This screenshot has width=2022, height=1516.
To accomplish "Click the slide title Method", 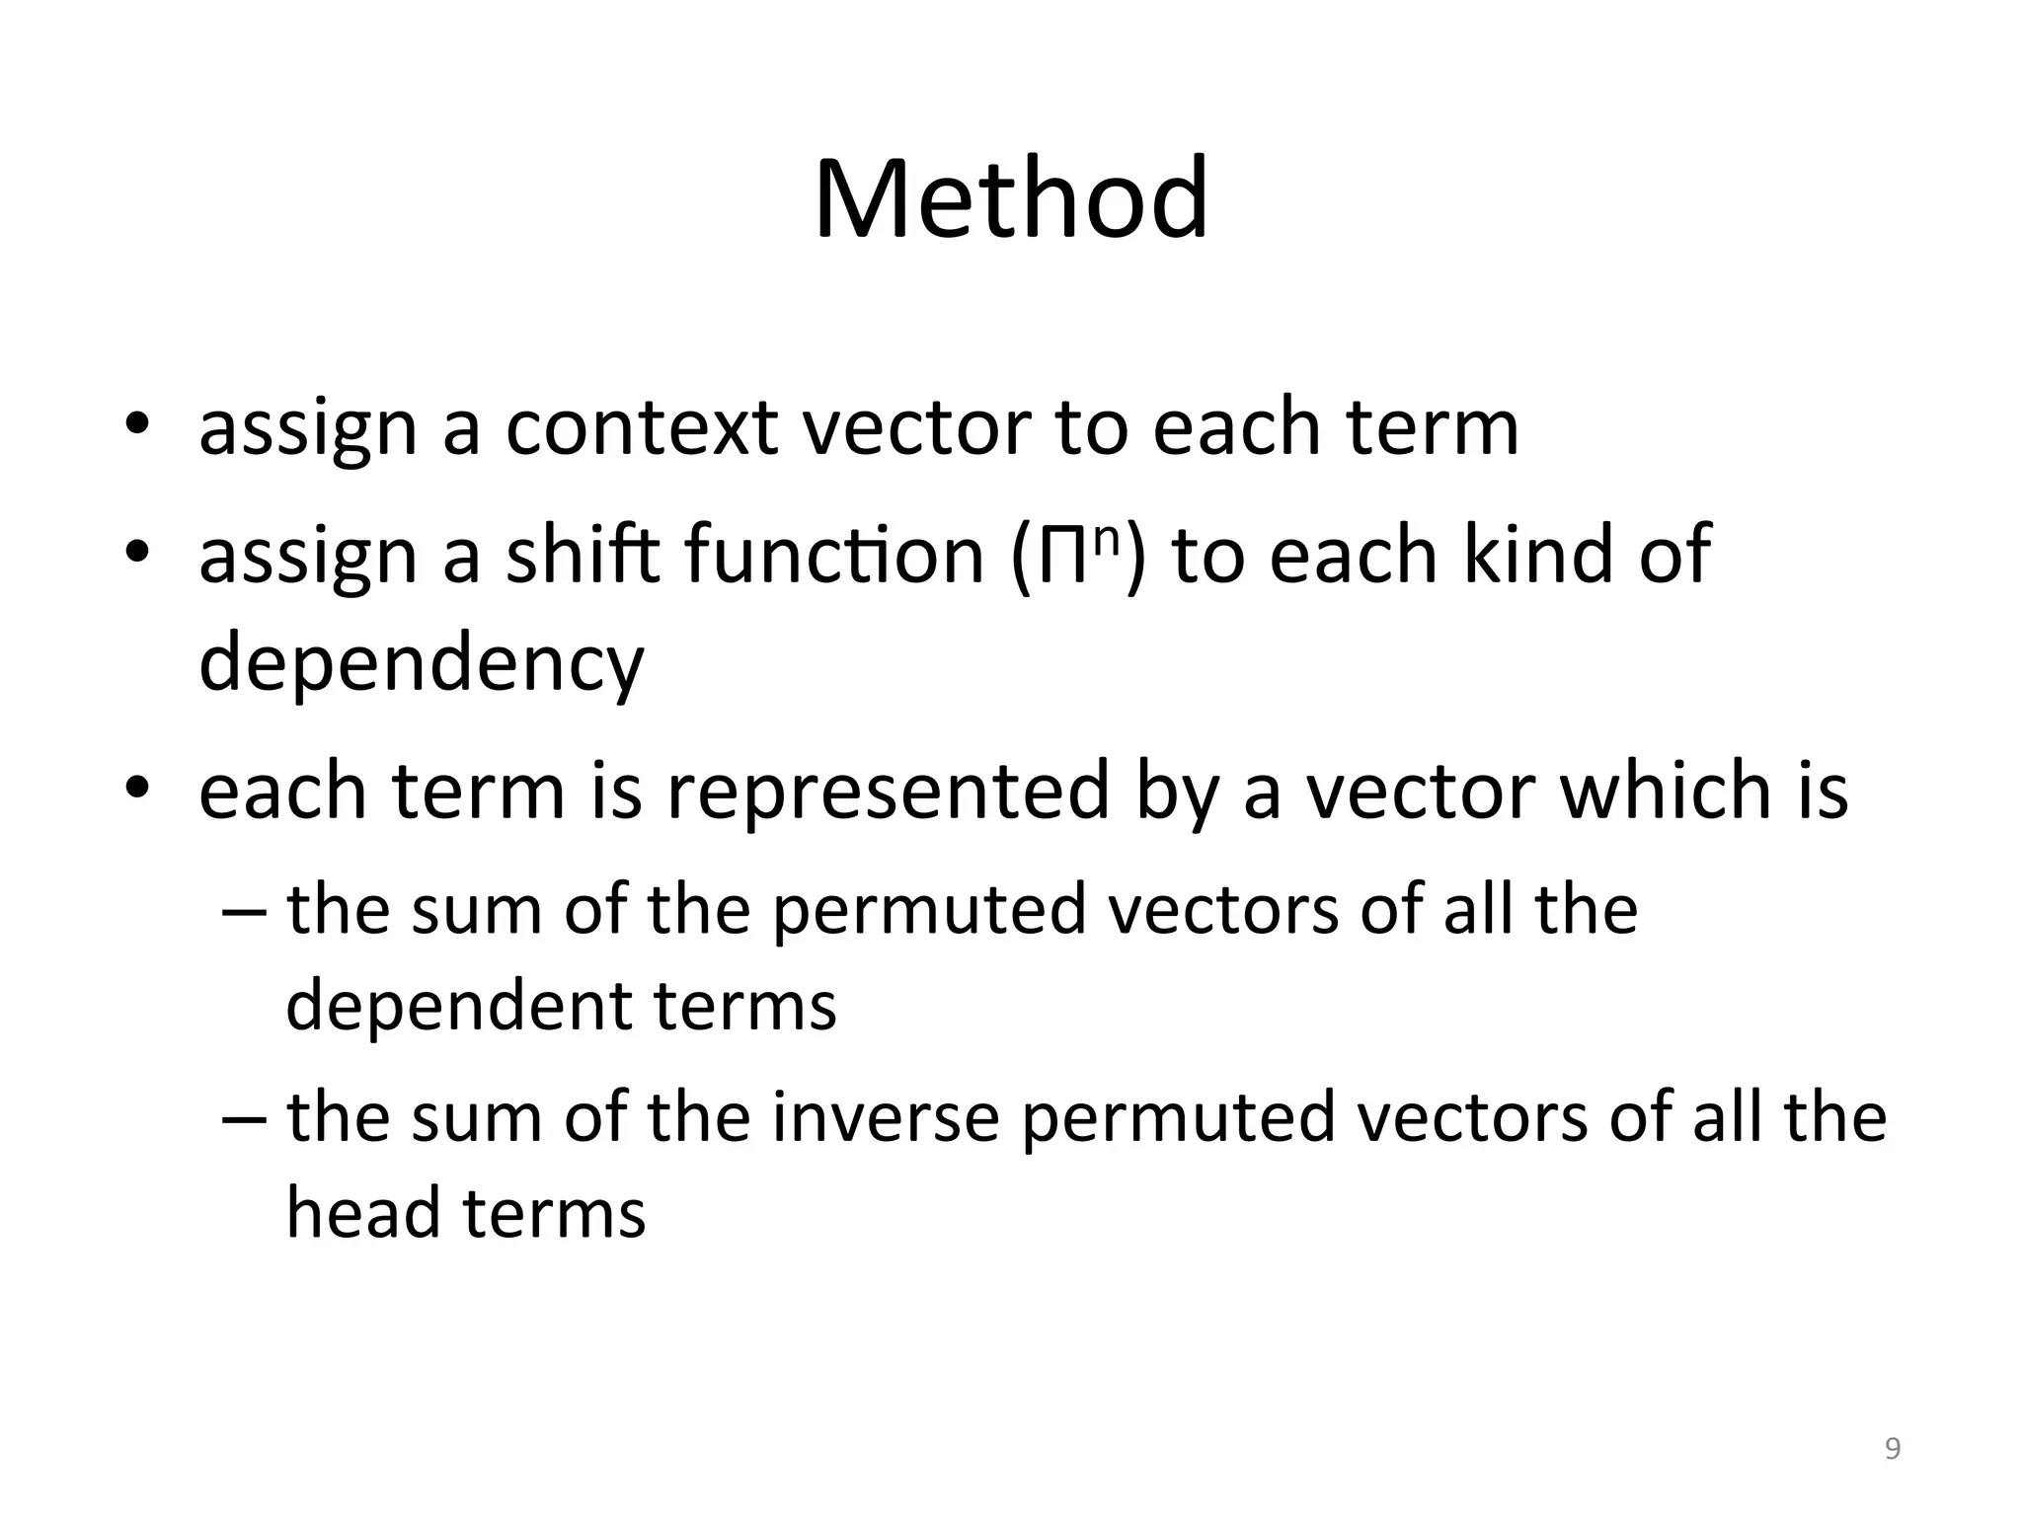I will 1010,199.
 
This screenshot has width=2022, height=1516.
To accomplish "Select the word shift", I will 583,554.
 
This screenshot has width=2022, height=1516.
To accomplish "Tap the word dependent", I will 456,1006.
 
